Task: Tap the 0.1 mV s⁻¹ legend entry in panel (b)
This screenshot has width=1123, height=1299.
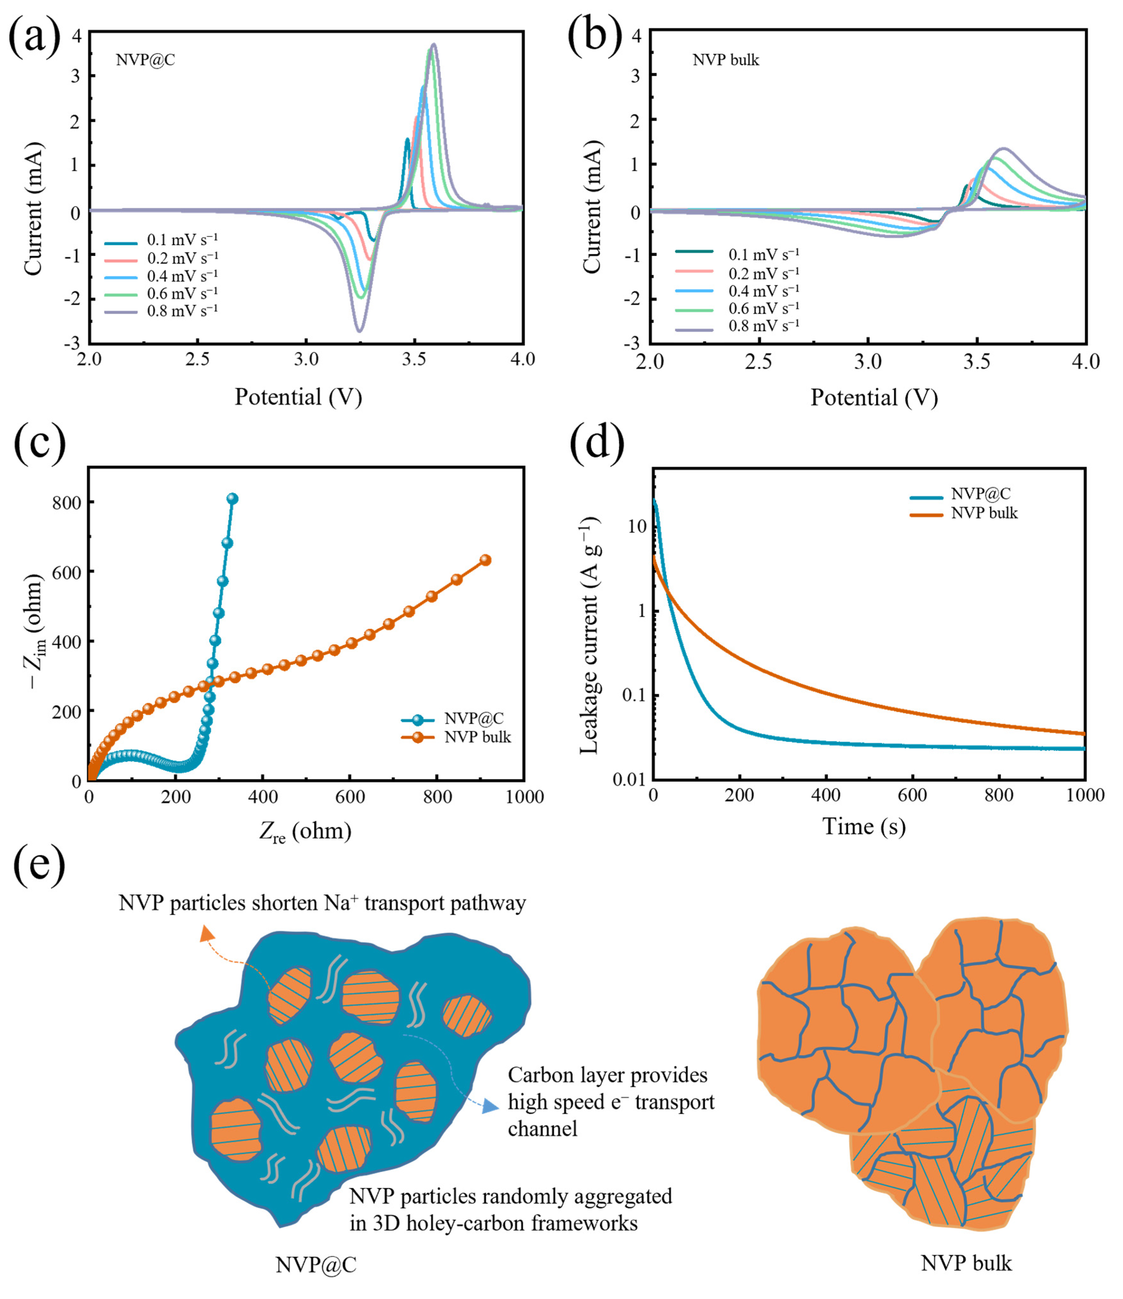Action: (763, 255)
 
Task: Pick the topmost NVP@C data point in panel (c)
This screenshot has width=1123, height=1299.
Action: (233, 498)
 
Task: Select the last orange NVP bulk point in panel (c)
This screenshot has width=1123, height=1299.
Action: (485, 560)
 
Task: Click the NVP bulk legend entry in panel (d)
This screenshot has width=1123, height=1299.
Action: (984, 513)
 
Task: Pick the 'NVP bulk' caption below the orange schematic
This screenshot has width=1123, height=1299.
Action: (966, 1263)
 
